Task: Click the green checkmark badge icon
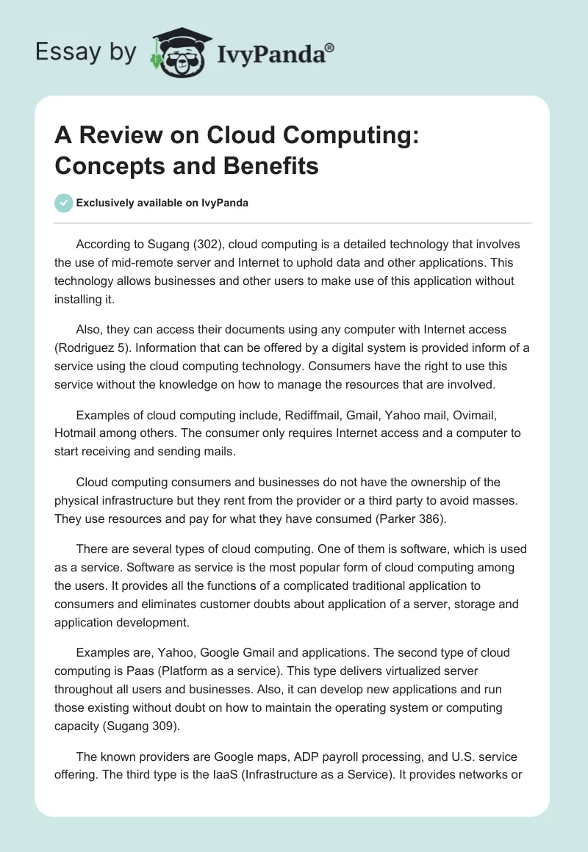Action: point(64,203)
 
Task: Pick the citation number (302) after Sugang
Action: point(183,244)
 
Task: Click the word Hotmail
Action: point(76,433)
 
